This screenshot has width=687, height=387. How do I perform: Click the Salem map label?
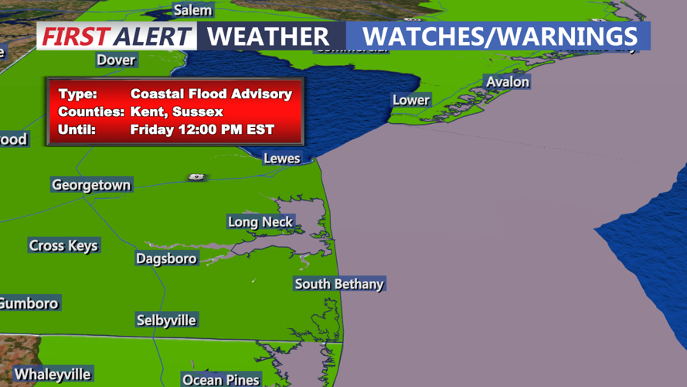(x=192, y=10)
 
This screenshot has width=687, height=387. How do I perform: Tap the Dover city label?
(x=116, y=60)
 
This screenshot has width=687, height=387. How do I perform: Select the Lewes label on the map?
(x=282, y=158)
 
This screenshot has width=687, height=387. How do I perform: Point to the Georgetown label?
(x=91, y=185)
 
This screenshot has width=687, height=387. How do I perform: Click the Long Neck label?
(x=260, y=222)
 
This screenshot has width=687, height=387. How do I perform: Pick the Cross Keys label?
(x=63, y=245)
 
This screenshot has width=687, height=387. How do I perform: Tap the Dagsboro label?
(x=166, y=259)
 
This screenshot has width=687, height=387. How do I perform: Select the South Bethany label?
(x=338, y=284)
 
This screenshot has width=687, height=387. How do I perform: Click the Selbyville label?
(x=166, y=320)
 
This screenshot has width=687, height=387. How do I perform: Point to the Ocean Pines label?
(x=221, y=379)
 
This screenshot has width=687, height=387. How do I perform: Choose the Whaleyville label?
(x=53, y=375)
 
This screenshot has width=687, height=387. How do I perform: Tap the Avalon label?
(x=507, y=81)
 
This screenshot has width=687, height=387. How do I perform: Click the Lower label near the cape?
(x=411, y=100)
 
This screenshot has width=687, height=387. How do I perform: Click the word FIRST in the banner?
(x=75, y=36)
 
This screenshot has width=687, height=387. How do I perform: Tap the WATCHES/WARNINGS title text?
(x=500, y=36)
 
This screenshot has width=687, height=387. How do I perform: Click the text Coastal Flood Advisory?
(x=211, y=94)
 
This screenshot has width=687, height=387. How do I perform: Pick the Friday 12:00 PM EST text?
(x=202, y=129)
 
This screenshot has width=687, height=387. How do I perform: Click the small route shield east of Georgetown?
(x=196, y=177)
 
